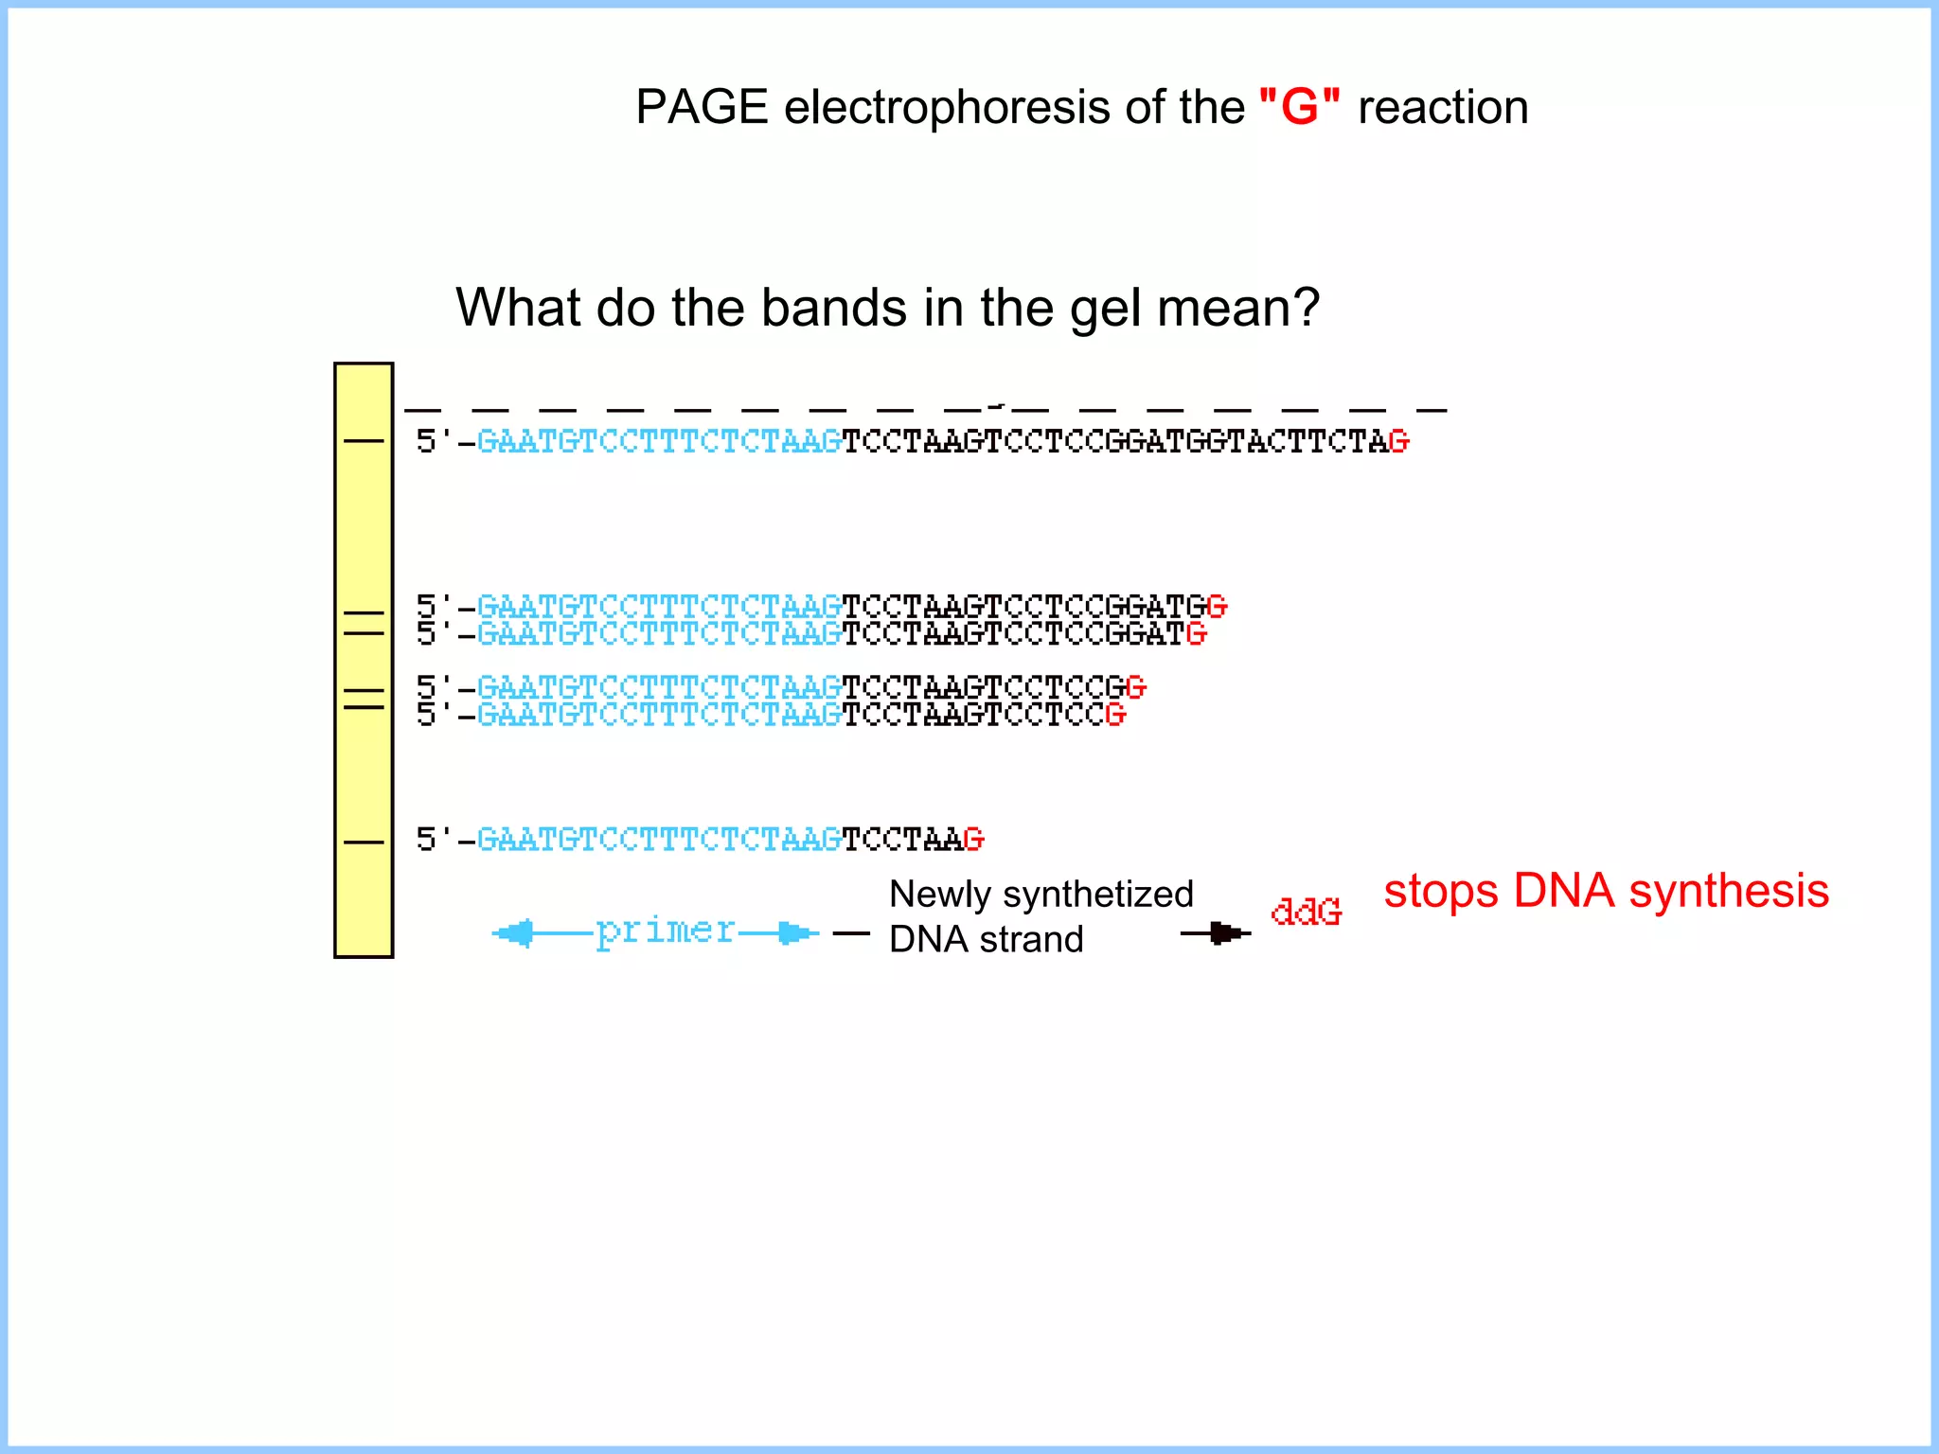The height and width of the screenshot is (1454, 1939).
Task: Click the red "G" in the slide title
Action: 1300,107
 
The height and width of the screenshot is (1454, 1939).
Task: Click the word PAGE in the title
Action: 701,107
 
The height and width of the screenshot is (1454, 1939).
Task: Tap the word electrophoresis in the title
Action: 946,107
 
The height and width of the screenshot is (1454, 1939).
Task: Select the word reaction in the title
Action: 1443,107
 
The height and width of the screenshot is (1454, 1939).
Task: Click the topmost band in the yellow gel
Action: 364,441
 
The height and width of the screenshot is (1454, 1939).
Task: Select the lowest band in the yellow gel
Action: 364,842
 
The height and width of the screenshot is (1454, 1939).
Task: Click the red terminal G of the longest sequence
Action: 1398,441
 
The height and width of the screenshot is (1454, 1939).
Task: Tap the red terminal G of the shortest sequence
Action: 973,840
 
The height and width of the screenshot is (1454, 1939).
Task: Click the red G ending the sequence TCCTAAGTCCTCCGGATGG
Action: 1217,606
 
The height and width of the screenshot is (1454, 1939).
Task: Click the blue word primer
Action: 665,931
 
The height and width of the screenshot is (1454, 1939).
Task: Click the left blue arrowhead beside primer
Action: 514,933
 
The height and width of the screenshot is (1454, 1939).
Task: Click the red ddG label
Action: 1306,912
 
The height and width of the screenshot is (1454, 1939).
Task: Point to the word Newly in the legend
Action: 939,895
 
